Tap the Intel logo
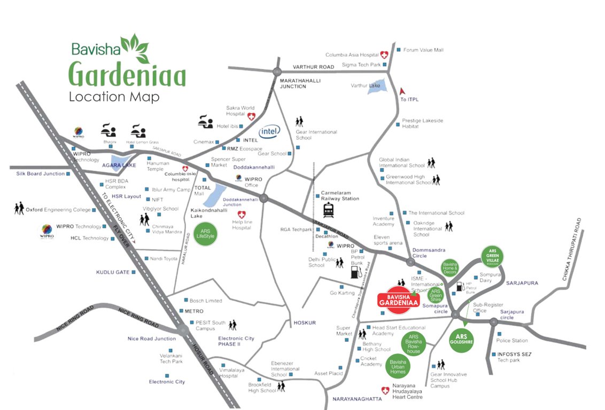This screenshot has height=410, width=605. [x=269, y=131]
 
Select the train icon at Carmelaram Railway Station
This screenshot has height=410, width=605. [x=328, y=209]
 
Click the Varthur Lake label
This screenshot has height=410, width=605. [x=365, y=85]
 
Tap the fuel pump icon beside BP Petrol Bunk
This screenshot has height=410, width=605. [x=355, y=272]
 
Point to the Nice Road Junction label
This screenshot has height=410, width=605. [x=151, y=338]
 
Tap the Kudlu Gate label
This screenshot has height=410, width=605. [x=112, y=272]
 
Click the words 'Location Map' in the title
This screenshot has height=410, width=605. [x=113, y=97]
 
